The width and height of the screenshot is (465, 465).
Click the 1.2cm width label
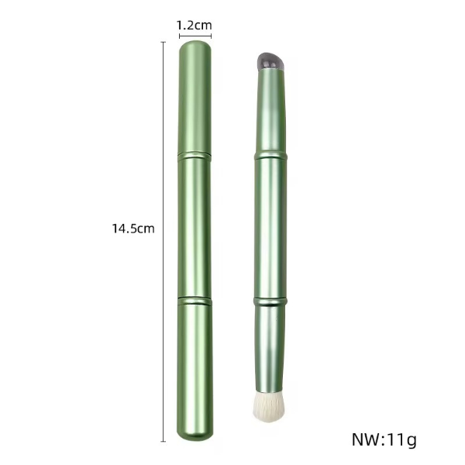[195, 26]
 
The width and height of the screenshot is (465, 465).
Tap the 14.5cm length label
[133, 229]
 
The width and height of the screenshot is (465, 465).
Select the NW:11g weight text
[384, 439]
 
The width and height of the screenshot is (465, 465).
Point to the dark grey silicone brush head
[270, 62]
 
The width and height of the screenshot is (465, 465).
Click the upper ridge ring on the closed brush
[195, 157]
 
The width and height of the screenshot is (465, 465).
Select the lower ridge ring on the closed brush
[195, 301]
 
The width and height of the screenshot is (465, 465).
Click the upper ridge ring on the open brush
[270, 156]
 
